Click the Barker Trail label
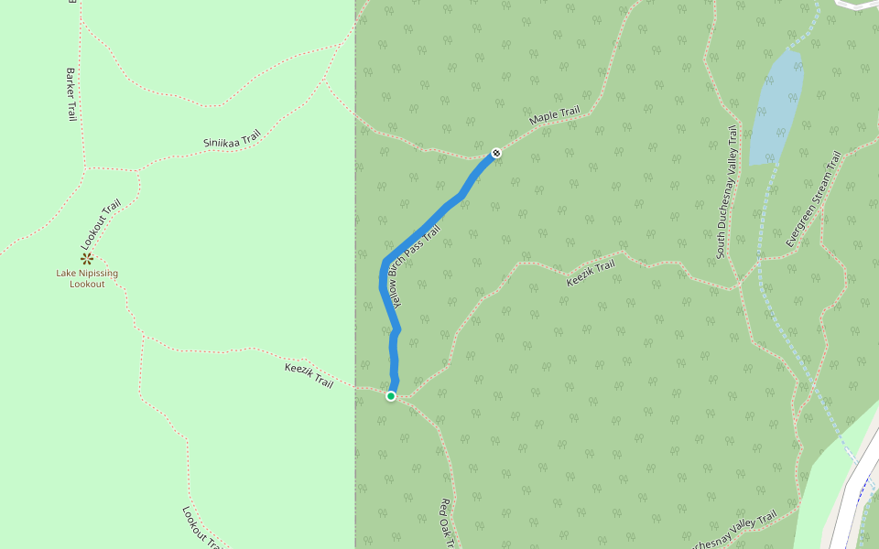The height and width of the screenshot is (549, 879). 71,94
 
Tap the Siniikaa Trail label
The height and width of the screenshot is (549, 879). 232,139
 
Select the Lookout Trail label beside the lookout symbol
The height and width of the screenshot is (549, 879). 101,225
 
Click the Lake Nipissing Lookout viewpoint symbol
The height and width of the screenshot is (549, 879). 87,259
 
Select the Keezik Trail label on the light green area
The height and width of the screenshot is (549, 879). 309,374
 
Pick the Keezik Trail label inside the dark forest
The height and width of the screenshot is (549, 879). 591,272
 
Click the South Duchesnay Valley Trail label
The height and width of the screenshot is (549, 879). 726,192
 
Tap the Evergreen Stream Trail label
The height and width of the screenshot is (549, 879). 813,199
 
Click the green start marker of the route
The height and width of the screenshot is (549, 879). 391,396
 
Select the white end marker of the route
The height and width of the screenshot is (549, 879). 496,153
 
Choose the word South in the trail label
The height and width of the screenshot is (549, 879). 722,242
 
